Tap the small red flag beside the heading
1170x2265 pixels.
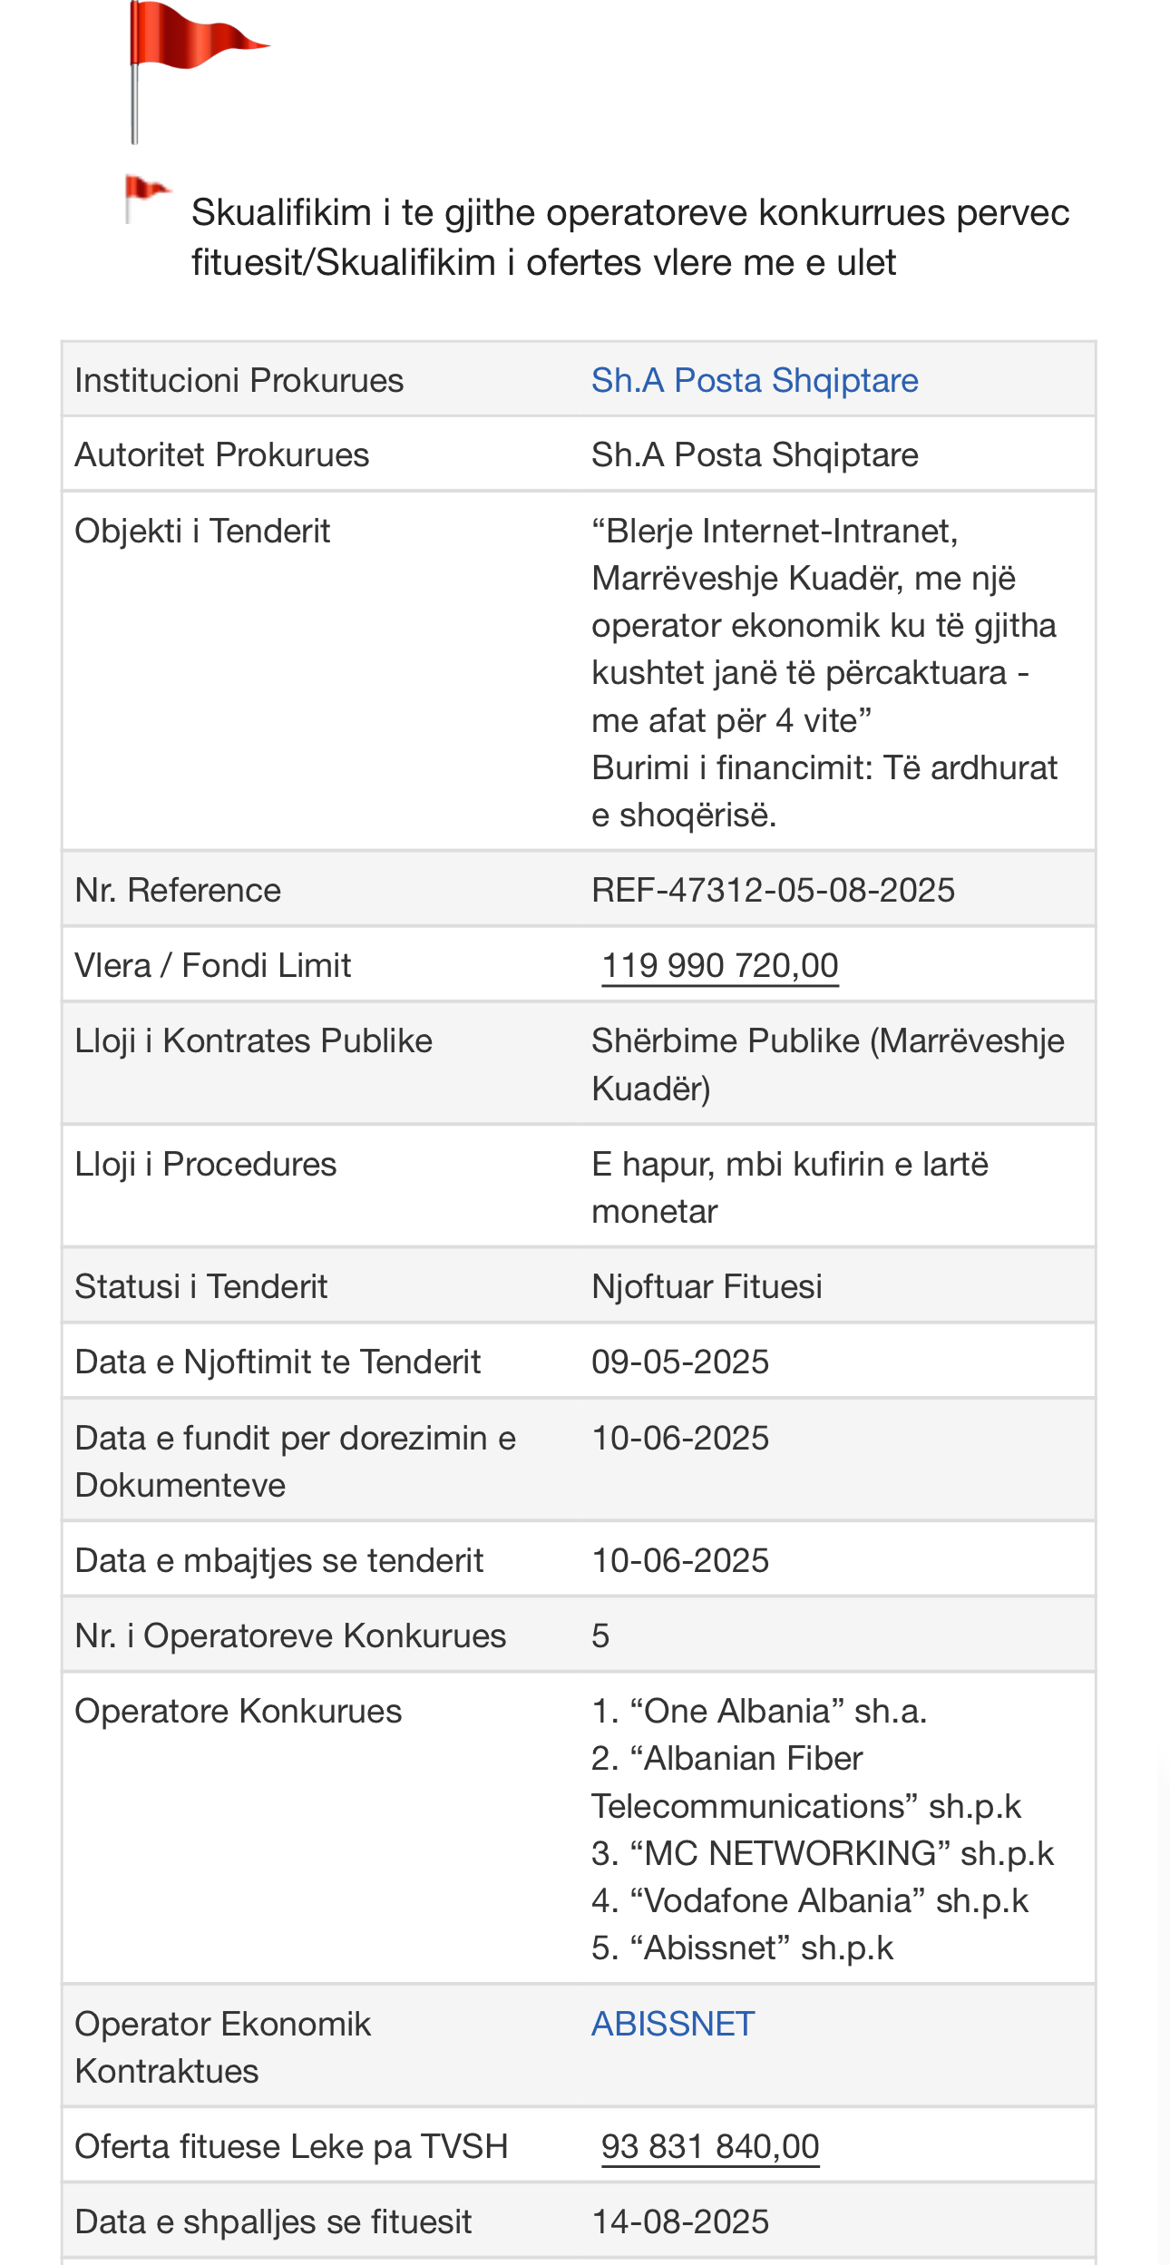[145, 193]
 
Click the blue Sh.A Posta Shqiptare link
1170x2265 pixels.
[755, 380]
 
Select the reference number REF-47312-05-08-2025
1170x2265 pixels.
[773, 890]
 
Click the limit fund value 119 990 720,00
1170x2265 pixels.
[720, 965]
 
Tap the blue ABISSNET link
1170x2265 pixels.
[673, 2024]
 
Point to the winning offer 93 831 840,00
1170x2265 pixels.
[710, 2146]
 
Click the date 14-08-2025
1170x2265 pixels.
[680, 2221]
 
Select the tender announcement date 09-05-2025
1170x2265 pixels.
[680, 1362]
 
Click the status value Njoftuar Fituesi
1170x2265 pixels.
[707, 1286]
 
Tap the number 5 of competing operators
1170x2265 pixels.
[600, 1635]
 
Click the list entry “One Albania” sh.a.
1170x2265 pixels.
[759, 1711]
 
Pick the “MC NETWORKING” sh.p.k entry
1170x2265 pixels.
[823, 1853]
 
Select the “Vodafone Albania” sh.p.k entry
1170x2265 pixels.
[810, 1900]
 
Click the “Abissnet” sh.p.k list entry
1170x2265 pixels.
[743, 1948]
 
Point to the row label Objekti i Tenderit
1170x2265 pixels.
[202, 531]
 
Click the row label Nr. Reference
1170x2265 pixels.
[178, 890]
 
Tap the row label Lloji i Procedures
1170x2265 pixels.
[206, 1164]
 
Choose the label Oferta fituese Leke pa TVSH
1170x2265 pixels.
[291, 2146]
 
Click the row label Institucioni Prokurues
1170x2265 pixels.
[239, 380]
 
